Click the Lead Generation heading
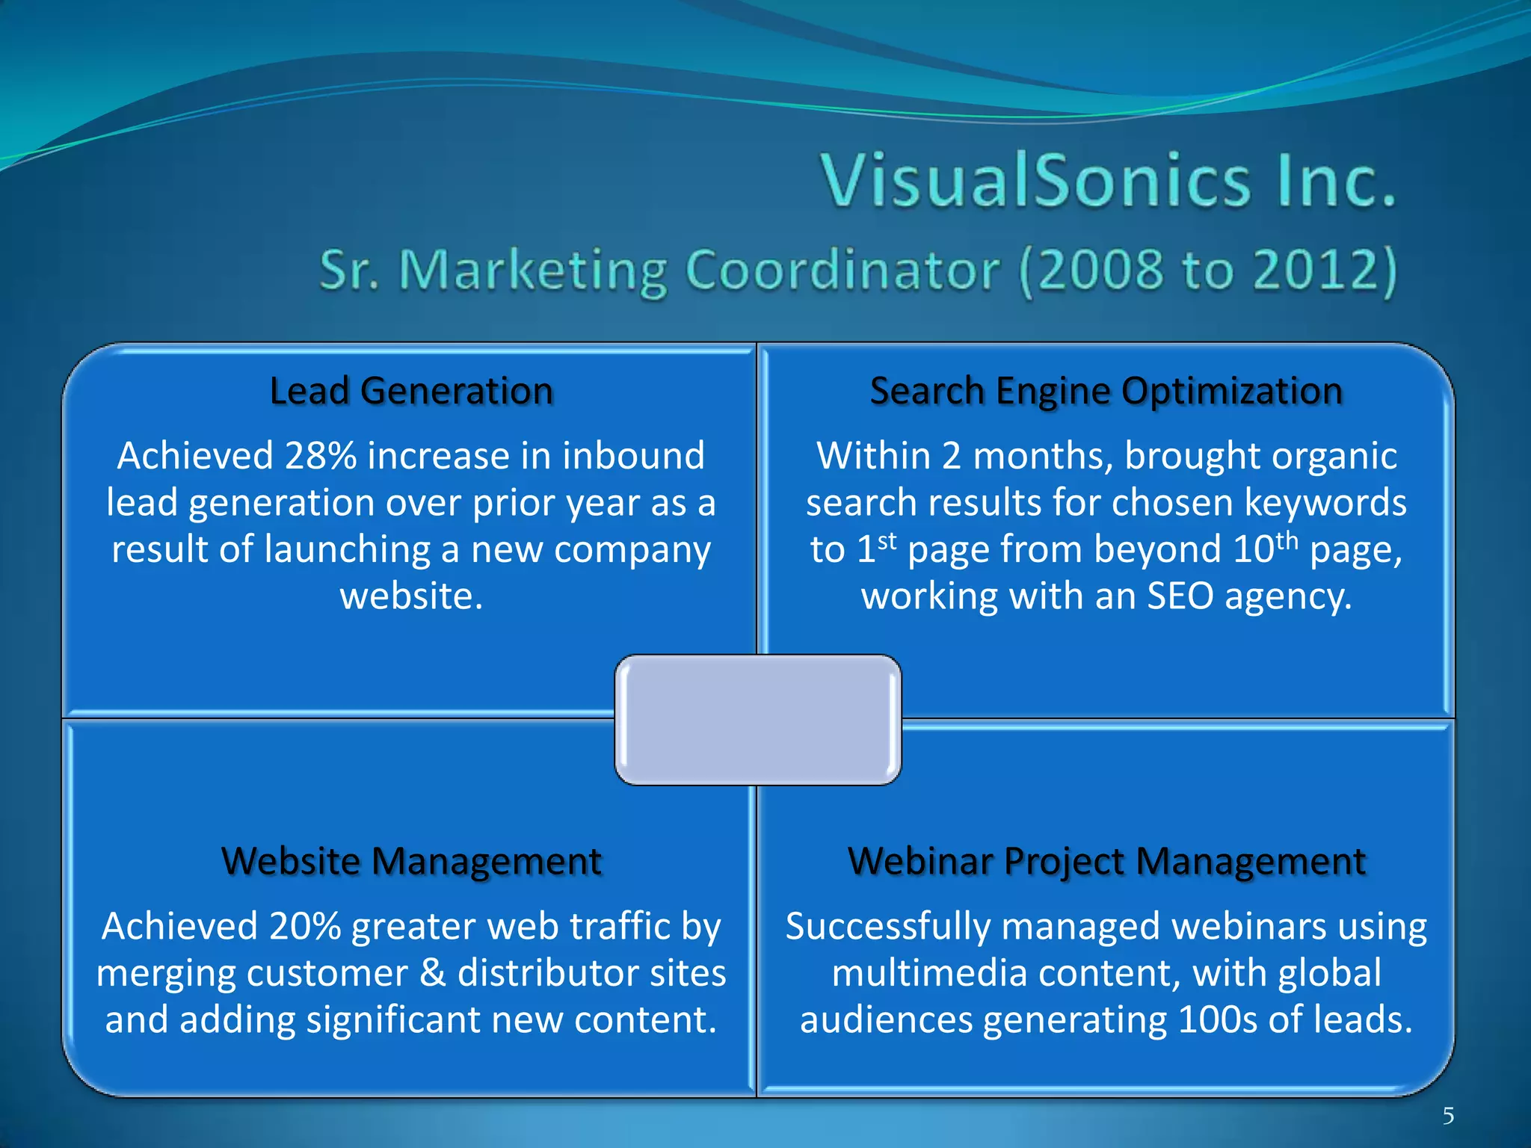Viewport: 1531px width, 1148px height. (411, 391)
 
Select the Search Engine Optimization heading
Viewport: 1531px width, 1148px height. (1106, 391)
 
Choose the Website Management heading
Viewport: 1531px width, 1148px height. (411, 861)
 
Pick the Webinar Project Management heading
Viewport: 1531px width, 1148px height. (1106, 861)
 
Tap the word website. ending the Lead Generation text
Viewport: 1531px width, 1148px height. (411, 596)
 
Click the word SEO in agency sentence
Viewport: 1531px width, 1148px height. (1180, 596)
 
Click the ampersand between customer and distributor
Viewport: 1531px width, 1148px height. (433, 973)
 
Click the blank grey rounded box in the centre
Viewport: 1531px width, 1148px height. (757, 720)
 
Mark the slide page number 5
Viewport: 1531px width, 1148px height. (1448, 1116)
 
